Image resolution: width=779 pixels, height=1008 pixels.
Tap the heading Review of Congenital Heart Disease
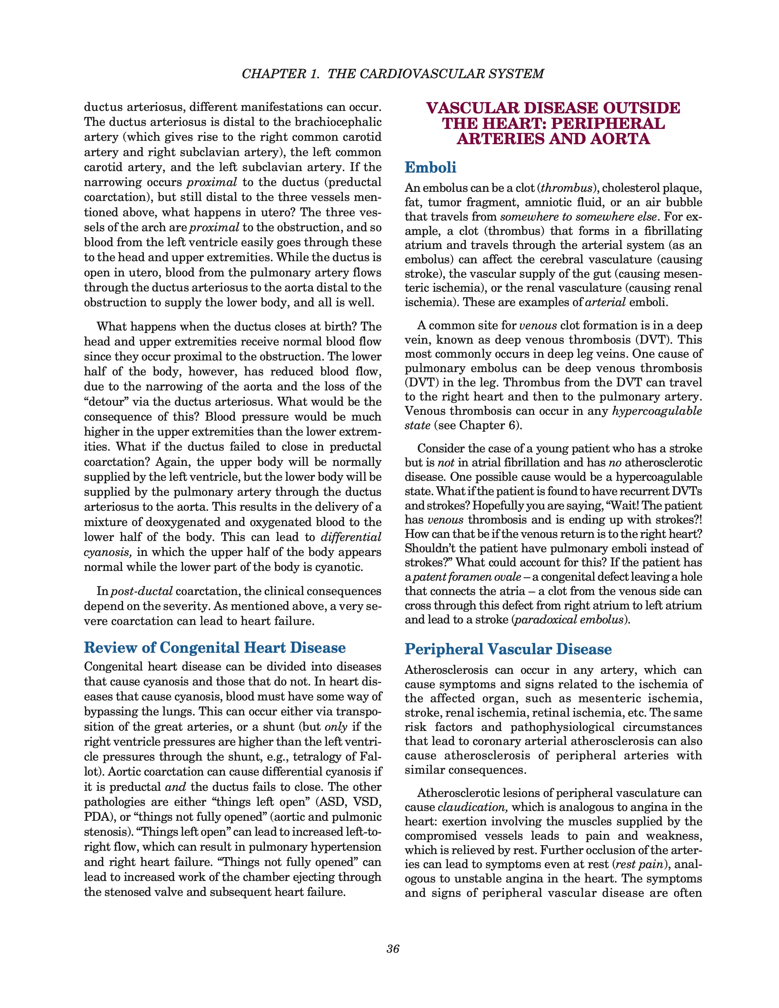tap(214, 648)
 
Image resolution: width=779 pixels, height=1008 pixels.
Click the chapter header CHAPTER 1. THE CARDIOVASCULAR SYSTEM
tap(393, 74)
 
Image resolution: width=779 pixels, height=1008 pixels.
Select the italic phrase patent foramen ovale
tap(464, 577)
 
